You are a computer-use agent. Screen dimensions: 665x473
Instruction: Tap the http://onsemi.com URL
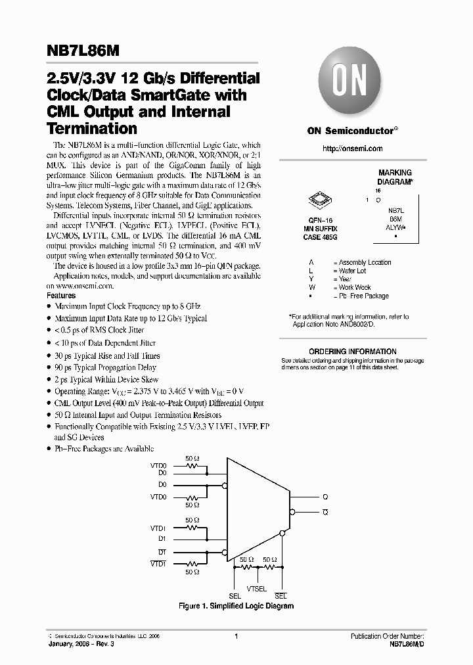352,149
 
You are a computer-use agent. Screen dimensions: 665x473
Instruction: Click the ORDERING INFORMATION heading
353,352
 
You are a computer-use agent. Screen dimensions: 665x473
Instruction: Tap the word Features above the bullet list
61,296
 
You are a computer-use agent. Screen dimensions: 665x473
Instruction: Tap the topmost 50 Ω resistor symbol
192,465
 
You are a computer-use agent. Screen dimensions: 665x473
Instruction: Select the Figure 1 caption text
236,606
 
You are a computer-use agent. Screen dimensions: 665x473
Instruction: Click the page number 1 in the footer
236,636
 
